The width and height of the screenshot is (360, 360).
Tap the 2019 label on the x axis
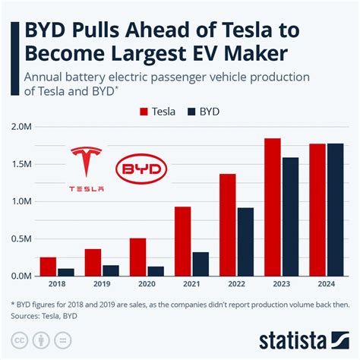102,286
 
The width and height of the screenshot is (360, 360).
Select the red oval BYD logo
137,169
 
